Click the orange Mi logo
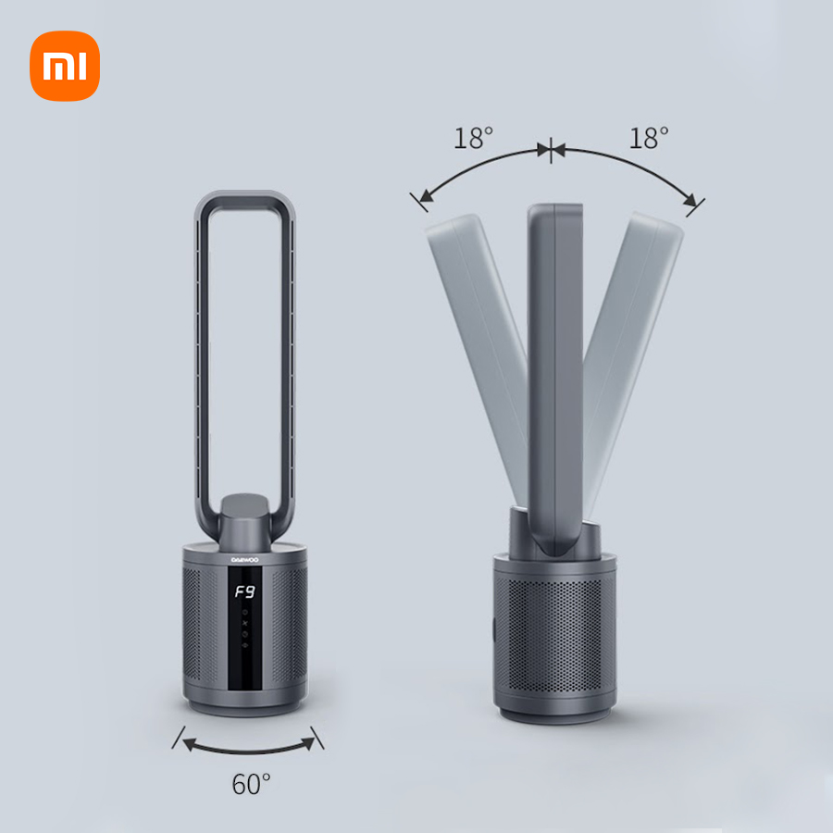click(65, 66)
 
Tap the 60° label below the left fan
click(251, 784)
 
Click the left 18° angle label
click(473, 138)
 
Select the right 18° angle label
click(649, 138)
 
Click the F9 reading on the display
click(245, 591)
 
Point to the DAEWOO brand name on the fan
click(245, 560)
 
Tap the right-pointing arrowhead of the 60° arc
click(308, 742)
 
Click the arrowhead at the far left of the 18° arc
click(426, 196)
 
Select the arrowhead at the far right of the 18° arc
click(690, 200)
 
